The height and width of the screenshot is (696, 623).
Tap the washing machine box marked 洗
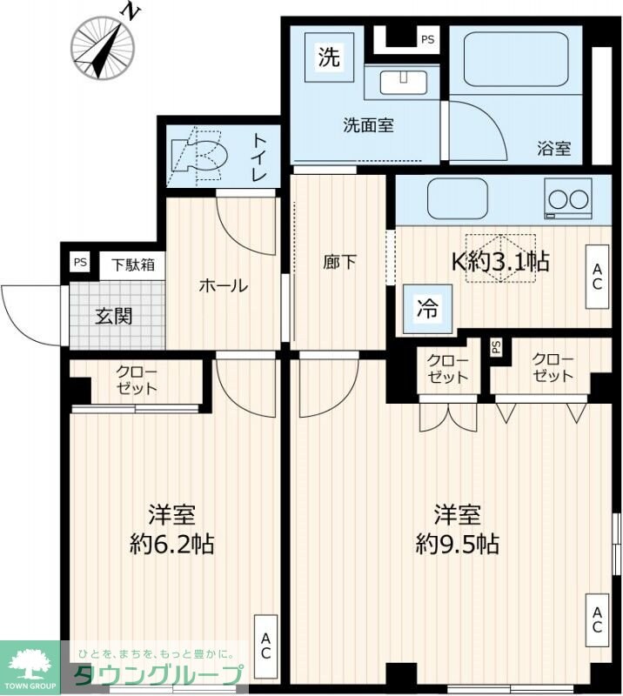(x=329, y=58)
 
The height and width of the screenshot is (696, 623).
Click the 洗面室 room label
(x=367, y=125)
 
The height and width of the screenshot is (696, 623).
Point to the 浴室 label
(x=554, y=148)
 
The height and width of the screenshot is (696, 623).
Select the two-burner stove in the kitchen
(x=568, y=199)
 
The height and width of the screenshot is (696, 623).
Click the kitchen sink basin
(x=458, y=198)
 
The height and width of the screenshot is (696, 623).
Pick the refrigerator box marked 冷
(x=428, y=308)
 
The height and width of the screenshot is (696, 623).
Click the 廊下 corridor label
(x=339, y=262)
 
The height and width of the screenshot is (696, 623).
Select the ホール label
(x=224, y=285)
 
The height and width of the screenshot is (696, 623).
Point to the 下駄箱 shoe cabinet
(x=131, y=264)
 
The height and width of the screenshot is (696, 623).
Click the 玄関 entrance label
(x=114, y=315)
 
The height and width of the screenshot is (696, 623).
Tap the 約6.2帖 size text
(x=171, y=545)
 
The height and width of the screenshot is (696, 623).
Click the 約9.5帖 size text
(x=458, y=545)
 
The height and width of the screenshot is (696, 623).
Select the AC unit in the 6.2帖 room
(x=265, y=646)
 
